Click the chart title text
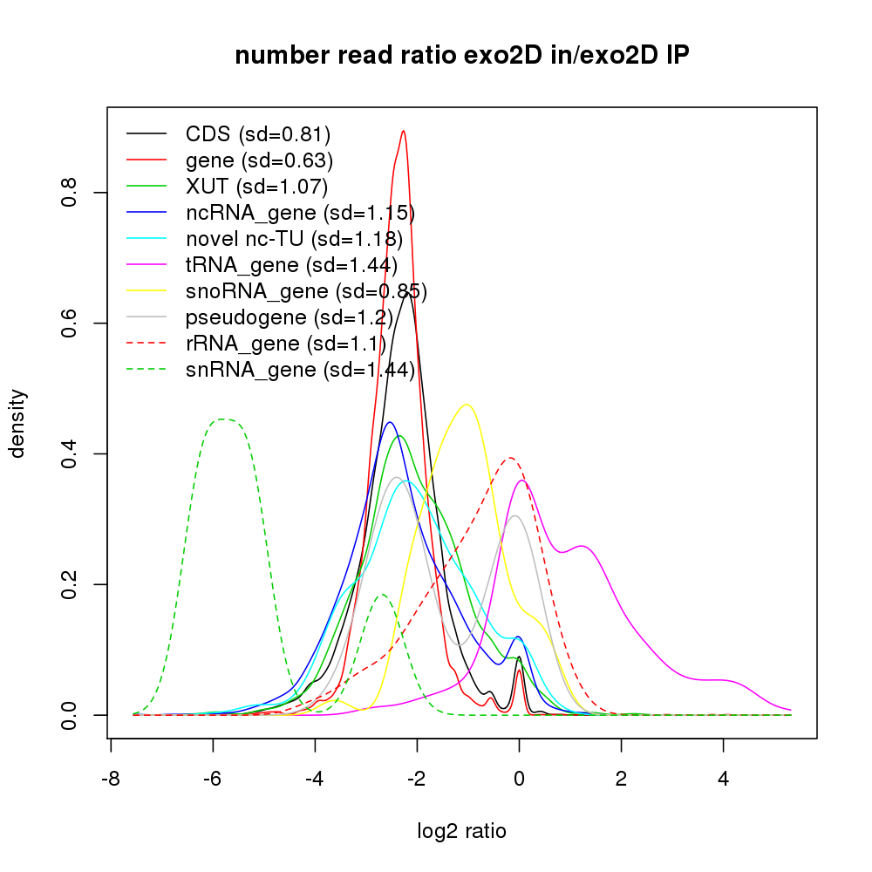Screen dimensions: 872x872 [x=462, y=56]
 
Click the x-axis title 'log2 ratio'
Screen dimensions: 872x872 [x=462, y=831]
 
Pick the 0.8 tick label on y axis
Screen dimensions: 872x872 [x=70, y=193]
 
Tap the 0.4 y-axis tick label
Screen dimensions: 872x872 [x=70, y=453]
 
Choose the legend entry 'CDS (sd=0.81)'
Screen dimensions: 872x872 [x=258, y=134]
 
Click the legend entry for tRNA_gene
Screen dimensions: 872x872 [x=291, y=264]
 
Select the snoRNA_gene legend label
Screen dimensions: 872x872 [x=306, y=290]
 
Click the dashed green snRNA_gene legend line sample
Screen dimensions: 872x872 [x=146, y=370]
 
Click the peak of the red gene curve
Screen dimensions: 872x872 [x=403, y=131]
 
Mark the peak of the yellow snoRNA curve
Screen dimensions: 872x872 [x=467, y=405]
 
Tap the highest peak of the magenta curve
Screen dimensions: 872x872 [x=521, y=480]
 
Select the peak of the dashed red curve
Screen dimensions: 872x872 [x=510, y=458]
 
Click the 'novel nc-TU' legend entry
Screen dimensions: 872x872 [x=293, y=238]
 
